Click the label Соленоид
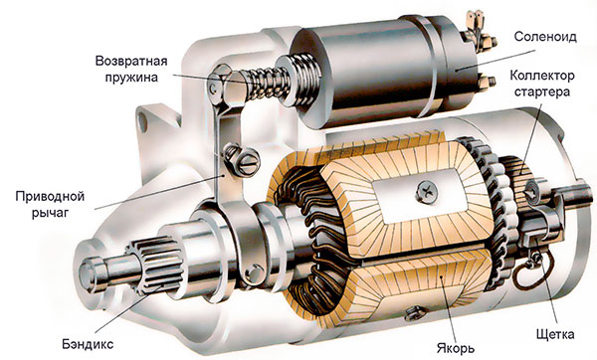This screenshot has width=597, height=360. click(x=545, y=37)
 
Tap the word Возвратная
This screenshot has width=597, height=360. click(x=131, y=61)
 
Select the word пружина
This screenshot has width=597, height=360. click(x=131, y=78)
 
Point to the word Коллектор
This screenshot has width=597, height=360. click(x=542, y=76)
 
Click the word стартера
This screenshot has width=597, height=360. click(x=542, y=92)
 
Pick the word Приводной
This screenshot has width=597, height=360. click(x=50, y=197)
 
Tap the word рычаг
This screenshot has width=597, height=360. click(x=50, y=213)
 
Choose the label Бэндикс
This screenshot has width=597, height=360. click(x=88, y=344)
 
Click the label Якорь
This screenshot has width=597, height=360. click(x=456, y=348)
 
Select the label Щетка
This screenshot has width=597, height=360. click(x=555, y=334)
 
